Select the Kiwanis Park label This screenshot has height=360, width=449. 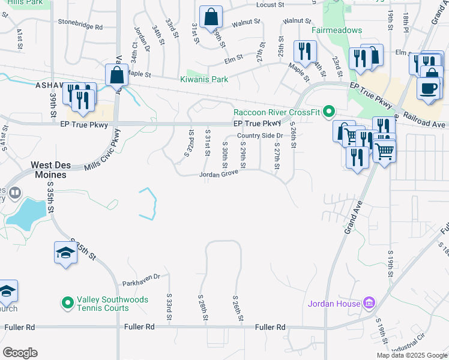point(204,79)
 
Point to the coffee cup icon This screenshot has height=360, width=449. point(429,88)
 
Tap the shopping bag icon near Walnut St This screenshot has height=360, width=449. point(211,17)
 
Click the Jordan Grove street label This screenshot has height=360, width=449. point(218,175)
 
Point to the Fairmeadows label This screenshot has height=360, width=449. point(336,29)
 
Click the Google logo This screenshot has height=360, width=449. point(20,353)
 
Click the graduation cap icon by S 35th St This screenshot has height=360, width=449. point(66,253)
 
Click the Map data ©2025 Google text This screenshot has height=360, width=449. point(411,355)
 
